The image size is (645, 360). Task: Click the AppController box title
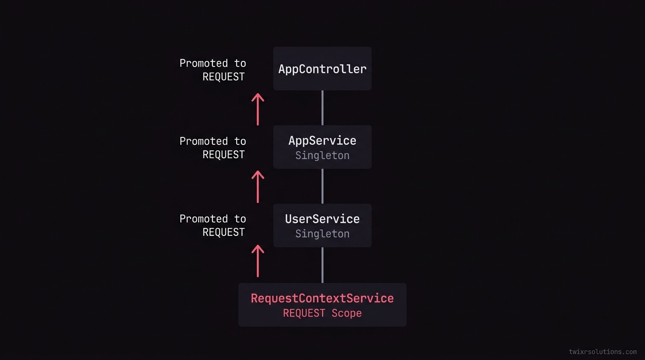[322, 69]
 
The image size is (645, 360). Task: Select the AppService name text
[322, 141]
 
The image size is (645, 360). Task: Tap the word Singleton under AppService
[322, 156]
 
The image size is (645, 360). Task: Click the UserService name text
[322, 219]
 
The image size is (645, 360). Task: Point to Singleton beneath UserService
[322, 234]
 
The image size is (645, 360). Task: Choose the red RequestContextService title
[322, 299]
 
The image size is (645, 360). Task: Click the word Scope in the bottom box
[346, 313]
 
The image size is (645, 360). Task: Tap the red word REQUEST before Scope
[304, 313]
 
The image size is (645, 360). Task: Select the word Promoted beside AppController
[203, 63]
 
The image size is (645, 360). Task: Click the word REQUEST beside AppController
[224, 76]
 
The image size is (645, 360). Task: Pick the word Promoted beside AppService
[203, 141]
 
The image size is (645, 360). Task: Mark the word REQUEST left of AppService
[224, 155]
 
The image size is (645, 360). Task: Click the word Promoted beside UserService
[203, 218]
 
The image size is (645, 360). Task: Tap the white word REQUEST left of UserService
[224, 232]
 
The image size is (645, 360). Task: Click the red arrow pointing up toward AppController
[258, 109]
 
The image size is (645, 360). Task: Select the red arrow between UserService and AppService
[258, 187]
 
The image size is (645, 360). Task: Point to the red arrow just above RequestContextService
[258, 261]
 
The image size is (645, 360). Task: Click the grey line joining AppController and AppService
[322, 108]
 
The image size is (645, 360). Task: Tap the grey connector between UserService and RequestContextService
[322, 265]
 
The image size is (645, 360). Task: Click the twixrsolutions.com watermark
[603, 352]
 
